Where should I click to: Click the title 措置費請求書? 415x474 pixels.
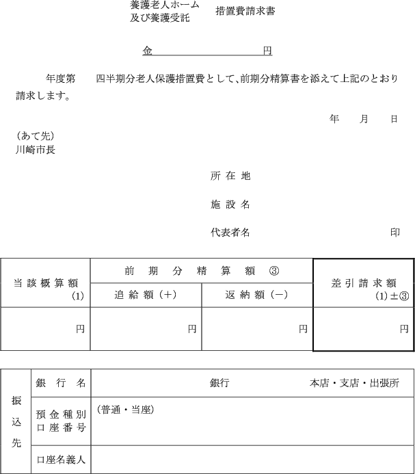point(245,12)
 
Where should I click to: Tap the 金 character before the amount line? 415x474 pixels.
point(148,51)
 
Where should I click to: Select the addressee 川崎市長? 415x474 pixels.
point(36,149)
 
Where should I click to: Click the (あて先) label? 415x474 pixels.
point(35,135)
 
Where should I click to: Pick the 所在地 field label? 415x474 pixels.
point(230,176)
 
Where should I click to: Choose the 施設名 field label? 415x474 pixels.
point(230,204)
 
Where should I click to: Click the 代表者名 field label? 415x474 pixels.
point(230,233)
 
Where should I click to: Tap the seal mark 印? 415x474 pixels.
point(395,233)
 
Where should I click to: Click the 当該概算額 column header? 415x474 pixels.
point(46,283)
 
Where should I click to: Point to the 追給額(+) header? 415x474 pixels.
point(146,295)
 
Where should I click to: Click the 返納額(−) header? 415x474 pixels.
point(257,295)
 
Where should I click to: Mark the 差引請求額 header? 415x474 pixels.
point(364,283)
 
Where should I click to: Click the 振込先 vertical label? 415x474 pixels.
point(16,421)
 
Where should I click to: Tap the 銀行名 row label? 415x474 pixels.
point(62,383)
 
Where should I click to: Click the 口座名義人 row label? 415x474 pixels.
point(62,460)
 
